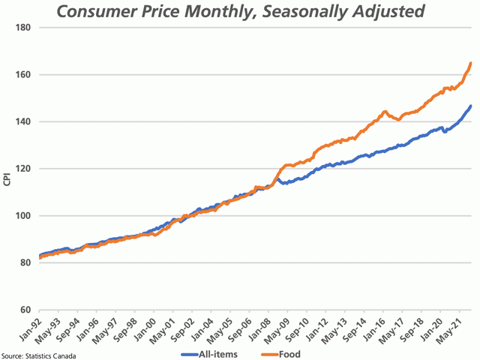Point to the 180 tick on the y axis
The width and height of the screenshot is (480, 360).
point(22,28)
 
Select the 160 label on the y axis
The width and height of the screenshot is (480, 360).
point(22,75)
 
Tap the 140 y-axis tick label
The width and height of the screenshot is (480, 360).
point(22,121)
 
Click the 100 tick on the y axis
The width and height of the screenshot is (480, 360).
point(22,216)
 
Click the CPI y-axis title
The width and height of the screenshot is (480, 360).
point(7,181)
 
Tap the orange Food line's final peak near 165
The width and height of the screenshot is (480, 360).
point(470,64)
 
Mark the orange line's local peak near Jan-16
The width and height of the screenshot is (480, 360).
point(385,112)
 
